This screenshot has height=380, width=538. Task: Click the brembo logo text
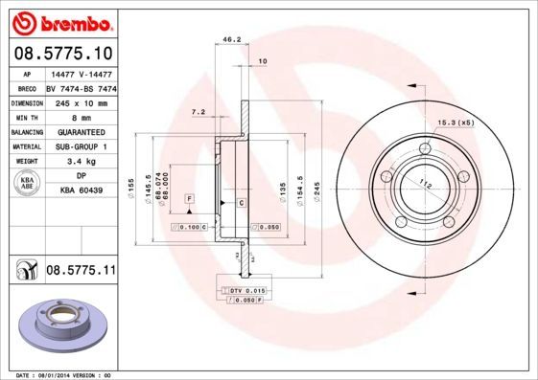[59, 20]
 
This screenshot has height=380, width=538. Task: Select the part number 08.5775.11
[81, 272]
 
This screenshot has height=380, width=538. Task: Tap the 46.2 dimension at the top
[231, 40]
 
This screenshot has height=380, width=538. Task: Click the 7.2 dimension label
[199, 112]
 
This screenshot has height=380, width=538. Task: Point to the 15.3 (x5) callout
[456, 123]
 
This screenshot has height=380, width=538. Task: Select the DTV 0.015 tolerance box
[247, 289]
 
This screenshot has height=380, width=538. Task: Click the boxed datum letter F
[191, 197]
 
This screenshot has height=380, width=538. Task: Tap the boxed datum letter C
[241, 204]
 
